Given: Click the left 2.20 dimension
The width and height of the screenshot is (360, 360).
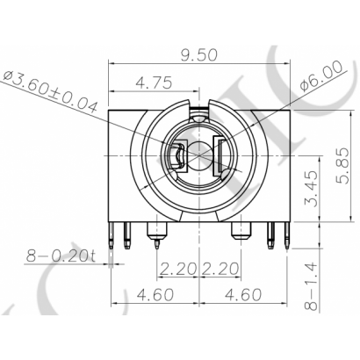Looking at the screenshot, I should (x=178, y=267).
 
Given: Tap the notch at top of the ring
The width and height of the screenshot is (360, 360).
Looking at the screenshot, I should (x=201, y=107).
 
